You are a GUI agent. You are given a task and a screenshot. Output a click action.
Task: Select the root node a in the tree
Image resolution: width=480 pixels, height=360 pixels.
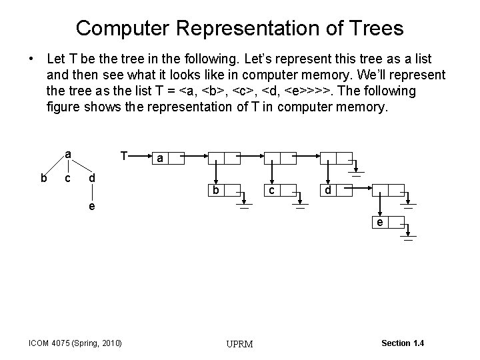coord(68,154)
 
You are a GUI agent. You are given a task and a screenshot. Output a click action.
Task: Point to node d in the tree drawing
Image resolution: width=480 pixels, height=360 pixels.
coord(92,179)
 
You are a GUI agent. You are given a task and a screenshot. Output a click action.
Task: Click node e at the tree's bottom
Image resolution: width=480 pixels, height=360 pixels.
coord(92,206)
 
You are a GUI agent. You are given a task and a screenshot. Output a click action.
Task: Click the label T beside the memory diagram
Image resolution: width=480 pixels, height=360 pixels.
coord(124,155)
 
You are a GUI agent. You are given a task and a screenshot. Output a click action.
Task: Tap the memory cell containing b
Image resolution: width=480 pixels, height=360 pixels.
coord(215,191)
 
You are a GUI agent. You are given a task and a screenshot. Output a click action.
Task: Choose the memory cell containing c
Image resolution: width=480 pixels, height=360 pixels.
coord(271,191)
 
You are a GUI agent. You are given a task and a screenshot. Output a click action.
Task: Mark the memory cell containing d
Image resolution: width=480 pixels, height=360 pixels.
coord(328,191)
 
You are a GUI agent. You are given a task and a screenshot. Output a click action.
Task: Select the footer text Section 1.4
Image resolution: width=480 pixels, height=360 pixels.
coord(402,343)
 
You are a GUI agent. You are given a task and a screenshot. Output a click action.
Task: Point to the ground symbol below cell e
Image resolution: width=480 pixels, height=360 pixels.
coord(408,237)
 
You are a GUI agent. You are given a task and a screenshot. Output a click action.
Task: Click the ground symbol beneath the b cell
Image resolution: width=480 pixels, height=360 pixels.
coord(245,206)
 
